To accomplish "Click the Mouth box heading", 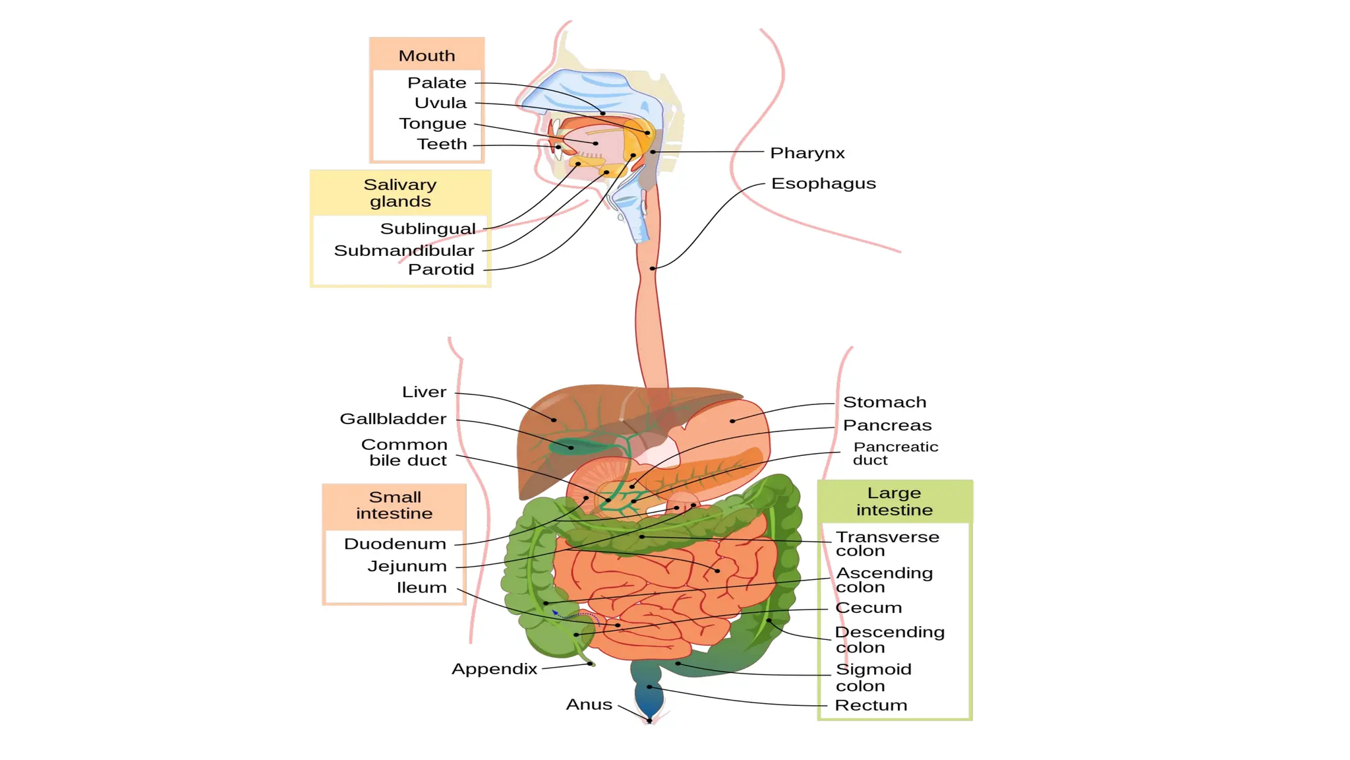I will [426, 56].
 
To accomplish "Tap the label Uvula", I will [440, 103].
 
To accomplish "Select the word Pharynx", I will [807, 153].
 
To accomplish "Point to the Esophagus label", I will [823, 183].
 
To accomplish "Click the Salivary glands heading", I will [400, 193].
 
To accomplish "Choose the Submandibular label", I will [403, 251].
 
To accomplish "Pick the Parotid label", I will [441, 269].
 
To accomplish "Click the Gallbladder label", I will [393, 419].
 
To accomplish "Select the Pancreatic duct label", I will [895, 453].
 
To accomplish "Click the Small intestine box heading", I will [394, 505].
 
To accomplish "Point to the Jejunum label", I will [407, 566].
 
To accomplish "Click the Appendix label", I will [494, 669].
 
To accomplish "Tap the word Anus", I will [589, 705].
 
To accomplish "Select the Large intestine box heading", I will [894, 501].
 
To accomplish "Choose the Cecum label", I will [868, 608].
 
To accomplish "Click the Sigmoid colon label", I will [873, 678].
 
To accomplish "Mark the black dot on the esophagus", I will [652, 269].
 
